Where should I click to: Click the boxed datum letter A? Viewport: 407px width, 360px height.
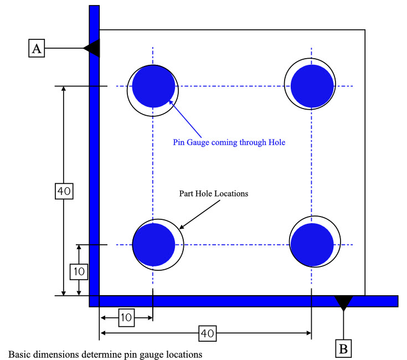click(x=37, y=49)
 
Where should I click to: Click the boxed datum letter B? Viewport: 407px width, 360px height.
click(x=344, y=348)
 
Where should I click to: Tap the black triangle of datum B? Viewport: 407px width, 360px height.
click(x=343, y=302)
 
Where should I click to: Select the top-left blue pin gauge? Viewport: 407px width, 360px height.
click(x=153, y=86)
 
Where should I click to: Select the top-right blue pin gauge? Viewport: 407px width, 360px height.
click(x=312, y=86)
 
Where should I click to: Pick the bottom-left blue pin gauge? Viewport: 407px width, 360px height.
click(x=154, y=244)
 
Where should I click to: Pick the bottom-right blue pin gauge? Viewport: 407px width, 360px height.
click(x=312, y=244)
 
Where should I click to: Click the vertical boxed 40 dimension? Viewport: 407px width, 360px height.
click(x=64, y=191)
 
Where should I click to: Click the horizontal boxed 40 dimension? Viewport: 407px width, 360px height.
click(x=207, y=333)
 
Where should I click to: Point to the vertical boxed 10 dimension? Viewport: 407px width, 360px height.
click(x=79, y=271)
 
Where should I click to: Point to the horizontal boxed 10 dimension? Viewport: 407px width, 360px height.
click(x=126, y=317)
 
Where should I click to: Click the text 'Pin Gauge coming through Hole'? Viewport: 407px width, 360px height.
click(x=229, y=142)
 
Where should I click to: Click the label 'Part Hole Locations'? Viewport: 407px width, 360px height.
click(x=214, y=194)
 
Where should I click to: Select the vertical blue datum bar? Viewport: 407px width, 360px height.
click(x=94, y=155)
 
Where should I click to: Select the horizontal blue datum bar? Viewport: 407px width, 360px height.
click(x=244, y=301)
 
